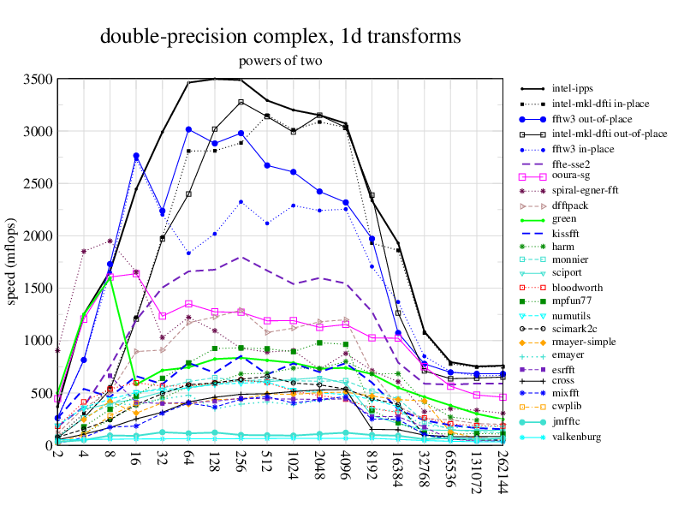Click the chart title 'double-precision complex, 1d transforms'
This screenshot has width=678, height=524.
click(x=281, y=37)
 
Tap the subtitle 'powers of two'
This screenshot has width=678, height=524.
click(x=281, y=62)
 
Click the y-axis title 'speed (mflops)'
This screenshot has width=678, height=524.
click(x=12, y=262)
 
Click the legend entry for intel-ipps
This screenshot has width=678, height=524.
click(x=573, y=88)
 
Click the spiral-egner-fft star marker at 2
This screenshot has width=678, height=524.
click(x=57, y=350)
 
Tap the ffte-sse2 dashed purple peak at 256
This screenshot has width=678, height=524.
click(x=241, y=257)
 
